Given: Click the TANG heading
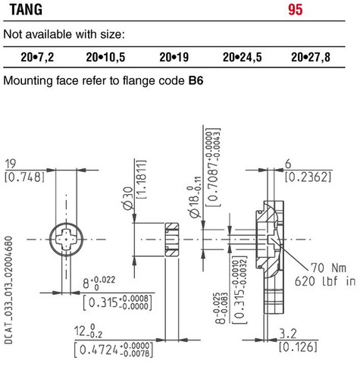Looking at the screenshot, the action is pos(26,10).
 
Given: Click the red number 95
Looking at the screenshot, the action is pos(296,10).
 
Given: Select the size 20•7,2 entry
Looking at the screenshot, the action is pos(37,58).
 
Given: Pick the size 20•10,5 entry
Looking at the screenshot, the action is pos(105,58).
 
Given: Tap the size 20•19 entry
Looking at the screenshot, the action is pos(174,58).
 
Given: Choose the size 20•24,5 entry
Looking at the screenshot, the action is pos(243,58).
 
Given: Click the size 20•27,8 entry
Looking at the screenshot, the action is pos(311,58).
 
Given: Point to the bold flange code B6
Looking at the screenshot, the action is pos(196,80).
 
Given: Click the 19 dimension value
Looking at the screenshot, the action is pos(11,164).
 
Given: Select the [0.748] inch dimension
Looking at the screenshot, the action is pos(24,177).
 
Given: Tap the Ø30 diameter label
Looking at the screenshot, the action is pos(129,199).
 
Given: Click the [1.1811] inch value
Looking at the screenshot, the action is pos(142,180).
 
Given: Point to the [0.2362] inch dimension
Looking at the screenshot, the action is pos(308,177).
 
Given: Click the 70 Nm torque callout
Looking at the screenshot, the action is pos(328,268).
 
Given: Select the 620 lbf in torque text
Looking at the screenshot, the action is pos(325,281).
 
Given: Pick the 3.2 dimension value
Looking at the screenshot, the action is pos(288,334).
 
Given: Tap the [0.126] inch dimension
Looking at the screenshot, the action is pos(298,347).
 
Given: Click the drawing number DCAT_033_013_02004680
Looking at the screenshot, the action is pos(8,290).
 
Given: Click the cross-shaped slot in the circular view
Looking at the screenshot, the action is pos(66,240).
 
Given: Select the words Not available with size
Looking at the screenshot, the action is pos(64,34).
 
